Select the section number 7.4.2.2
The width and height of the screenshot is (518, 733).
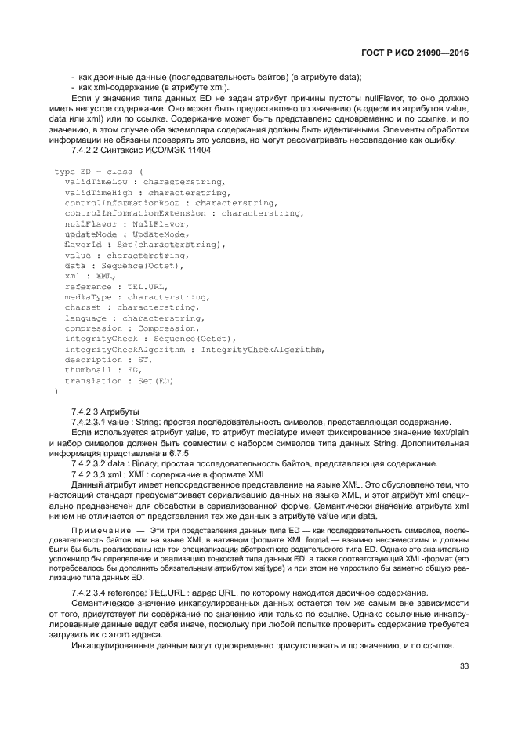[87, 150]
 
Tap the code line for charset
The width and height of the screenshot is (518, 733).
[127, 308]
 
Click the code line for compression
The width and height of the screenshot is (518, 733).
[132, 329]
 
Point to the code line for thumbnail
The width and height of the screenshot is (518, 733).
[102, 370]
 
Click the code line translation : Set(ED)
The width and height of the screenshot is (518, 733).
[118, 381]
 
